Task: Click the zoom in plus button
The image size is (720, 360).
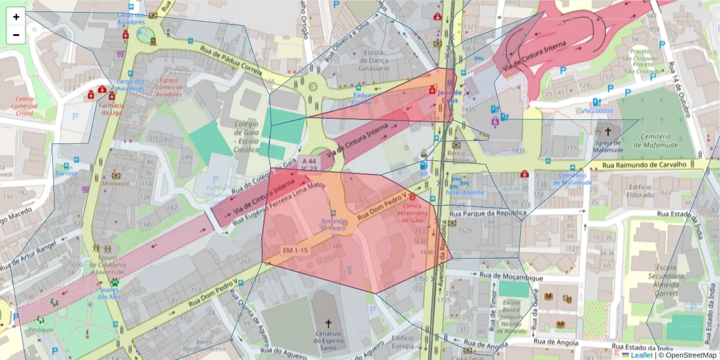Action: (x=16, y=17)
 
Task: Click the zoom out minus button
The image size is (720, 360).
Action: (x=16, y=35)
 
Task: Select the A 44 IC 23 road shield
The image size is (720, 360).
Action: (x=309, y=165)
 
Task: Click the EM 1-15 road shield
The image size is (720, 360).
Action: (x=295, y=249)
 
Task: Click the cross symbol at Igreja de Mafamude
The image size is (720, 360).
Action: (x=608, y=130)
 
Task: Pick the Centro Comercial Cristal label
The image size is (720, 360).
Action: (x=25, y=106)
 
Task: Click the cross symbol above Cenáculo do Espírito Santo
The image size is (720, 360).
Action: (x=328, y=322)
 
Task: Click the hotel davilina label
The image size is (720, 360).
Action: (x=464, y=191)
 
